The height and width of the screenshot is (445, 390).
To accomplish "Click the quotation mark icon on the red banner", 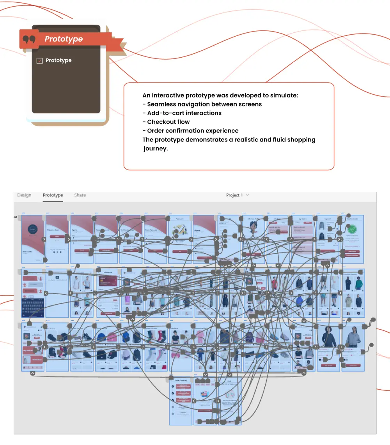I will click(29, 39).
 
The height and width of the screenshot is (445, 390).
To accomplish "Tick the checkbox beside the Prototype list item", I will click(39, 61).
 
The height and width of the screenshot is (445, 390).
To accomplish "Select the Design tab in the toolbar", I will click(24, 195).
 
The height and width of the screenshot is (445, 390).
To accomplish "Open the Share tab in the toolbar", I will click(80, 195).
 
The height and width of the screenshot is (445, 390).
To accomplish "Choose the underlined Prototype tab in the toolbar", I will click(53, 195).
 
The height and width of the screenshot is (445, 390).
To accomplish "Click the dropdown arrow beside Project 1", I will click(247, 195).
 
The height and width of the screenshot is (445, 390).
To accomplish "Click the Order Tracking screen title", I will click(181, 380).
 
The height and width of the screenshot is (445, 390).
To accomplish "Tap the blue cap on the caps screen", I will click(101, 336).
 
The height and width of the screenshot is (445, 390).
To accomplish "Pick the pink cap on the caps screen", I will click(112, 336).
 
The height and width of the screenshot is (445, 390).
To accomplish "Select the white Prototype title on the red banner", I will click(64, 39).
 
